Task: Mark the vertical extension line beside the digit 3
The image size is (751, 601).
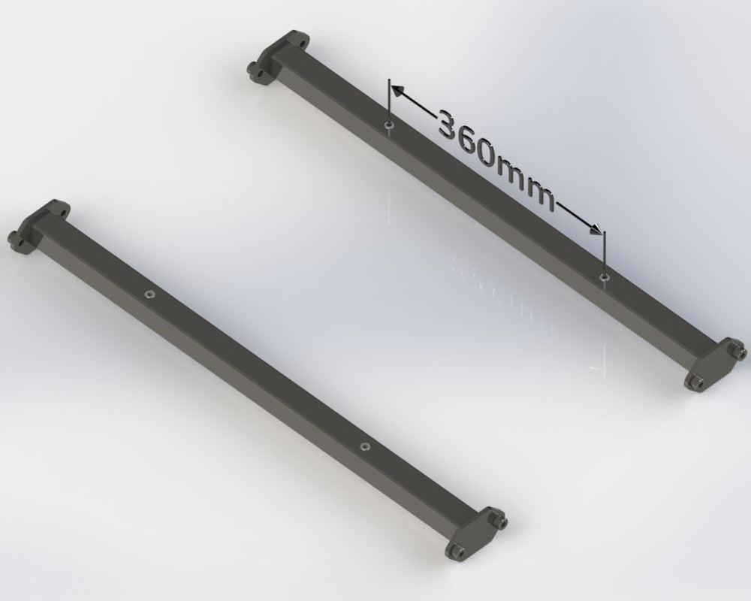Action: pos(388,101)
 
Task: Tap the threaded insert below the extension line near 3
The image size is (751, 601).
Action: pos(388,125)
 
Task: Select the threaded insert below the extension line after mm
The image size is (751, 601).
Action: pos(604,278)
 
